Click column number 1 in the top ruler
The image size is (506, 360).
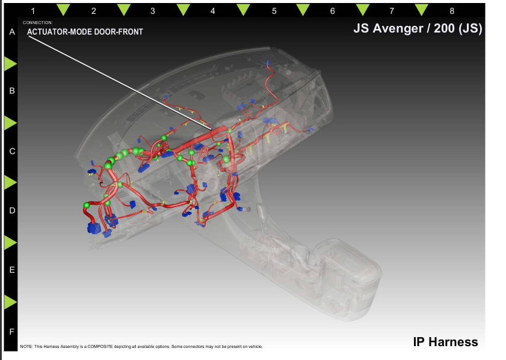(33, 11)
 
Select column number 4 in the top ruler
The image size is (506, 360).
(212, 11)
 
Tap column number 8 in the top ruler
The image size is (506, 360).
(452, 11)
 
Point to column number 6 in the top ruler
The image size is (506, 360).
(332, 11)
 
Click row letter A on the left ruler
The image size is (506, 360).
(12, 32)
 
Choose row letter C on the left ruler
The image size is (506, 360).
(12, 152)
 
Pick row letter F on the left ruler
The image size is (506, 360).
(12, 332)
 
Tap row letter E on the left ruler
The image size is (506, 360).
(12, 270)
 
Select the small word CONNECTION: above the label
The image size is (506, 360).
(37, 23)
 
